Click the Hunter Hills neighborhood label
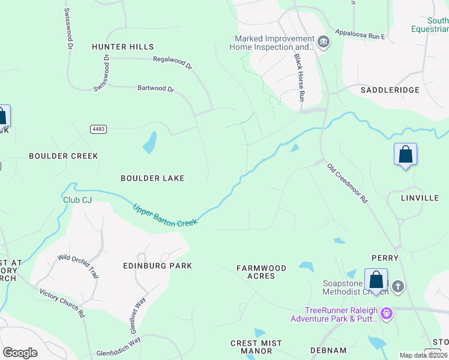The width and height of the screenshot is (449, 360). (x=123, y=47)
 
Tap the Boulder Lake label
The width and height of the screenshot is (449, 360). (x=152, y=178)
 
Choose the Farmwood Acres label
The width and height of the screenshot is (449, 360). (x=261, y=272)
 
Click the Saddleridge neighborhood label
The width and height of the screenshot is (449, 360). (x=390, y=90)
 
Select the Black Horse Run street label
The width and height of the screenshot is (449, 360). (x=299, y=76)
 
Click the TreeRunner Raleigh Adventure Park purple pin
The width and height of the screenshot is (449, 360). (x=387, y=313)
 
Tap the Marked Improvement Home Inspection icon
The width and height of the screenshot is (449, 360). (x=324, y=41)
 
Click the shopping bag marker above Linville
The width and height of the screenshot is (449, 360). (x=406, y=154)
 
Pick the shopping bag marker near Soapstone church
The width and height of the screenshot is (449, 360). (x=376, y=280)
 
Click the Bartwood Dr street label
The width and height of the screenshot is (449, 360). (x=155, y=89)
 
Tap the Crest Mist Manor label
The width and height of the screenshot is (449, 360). (x=256, y=347)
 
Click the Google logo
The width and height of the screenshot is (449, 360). (x=20, y=353)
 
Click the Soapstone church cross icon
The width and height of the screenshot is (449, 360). (x=398, y=287)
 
